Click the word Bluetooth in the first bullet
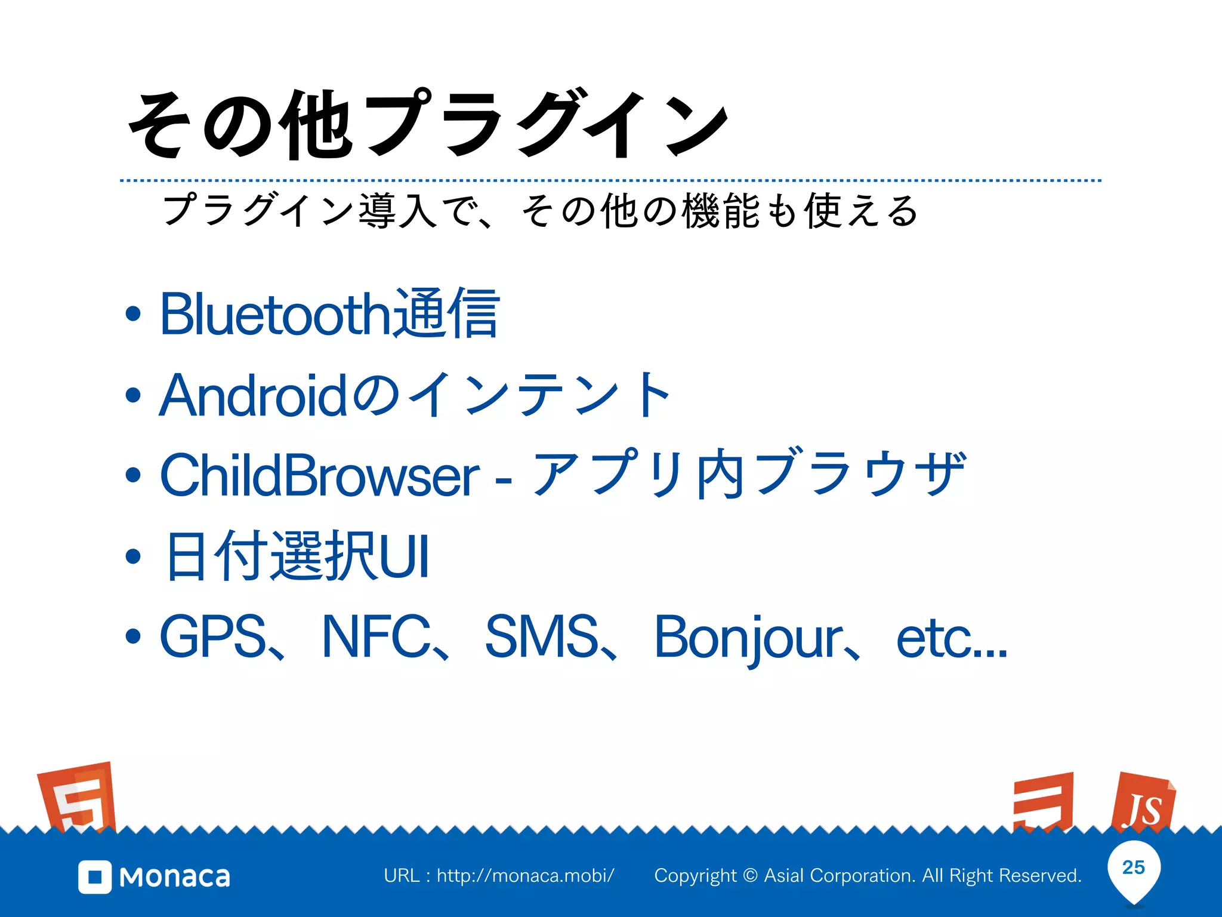pos(274,314)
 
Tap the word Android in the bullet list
pos(254,395)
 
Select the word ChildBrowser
pos(320,475)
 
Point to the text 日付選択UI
pos(297,556)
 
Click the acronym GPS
pos(213,636)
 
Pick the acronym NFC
pos(377,636)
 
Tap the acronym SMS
pos(542,636)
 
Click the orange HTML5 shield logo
pos(78,797)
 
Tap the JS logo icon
pos(1143,803)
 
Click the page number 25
pos(1134,867)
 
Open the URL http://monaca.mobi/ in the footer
pos(525,876)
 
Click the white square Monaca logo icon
pos(95,877)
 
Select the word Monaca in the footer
pos(175,877)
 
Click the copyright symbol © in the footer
pos(751,876)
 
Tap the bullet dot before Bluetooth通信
pos(133,314)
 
